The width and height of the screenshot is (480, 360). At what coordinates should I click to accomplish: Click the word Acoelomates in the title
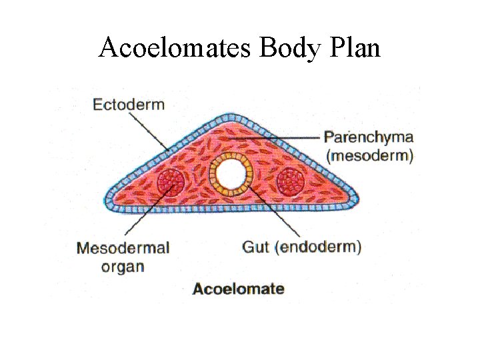(175, 49)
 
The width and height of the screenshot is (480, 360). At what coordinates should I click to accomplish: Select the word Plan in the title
(353, 49)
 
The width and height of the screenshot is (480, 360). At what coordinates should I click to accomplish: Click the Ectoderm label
(129, 105)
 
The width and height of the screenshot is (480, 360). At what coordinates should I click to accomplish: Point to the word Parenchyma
(368, 138)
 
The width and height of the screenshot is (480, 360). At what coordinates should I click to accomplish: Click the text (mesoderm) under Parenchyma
(369, 157)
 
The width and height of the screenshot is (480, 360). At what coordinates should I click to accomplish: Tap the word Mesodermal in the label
(123, 248)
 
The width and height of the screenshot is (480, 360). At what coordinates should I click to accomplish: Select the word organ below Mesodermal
(123, 267)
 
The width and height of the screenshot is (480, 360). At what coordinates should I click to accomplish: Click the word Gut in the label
(255, 247)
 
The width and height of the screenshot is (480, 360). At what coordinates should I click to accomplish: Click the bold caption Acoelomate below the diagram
(239, 289)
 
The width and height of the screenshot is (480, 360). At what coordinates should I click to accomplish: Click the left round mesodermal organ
(172, 181)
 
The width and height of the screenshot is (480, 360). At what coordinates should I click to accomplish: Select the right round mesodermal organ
(291, 181)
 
